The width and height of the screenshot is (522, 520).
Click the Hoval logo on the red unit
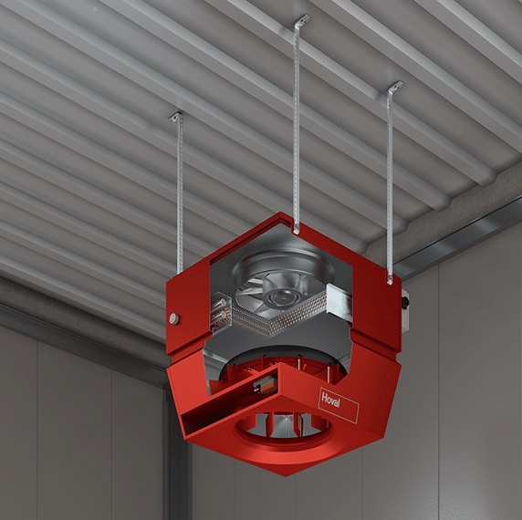pyautogui.click(x=339, y=405)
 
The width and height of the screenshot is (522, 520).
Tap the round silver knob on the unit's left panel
pyautogui.click(x=174, y=318)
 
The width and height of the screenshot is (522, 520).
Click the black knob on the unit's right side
pyautogui.click(x=405, y=302)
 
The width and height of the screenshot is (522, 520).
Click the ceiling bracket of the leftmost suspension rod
pyautogui.click(x=176, y=117)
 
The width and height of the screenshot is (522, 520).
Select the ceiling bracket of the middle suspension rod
pyautogui.click(x=302, y=20)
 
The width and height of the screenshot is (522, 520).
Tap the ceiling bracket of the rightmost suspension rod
pyautogui.click(x=395, y=87)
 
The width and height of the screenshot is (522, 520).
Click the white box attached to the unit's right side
pyautogui.click(x=405, y=310)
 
